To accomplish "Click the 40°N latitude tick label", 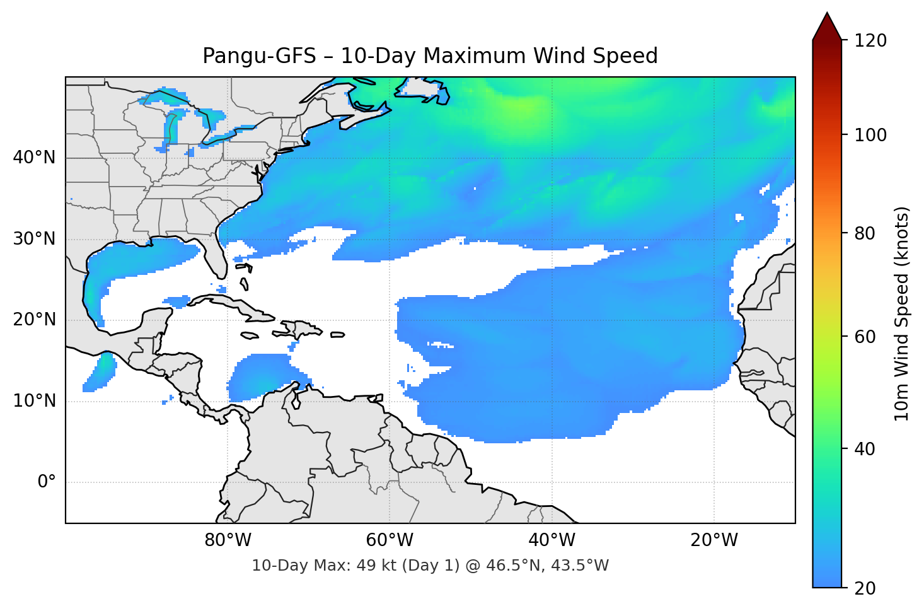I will coord(34,158).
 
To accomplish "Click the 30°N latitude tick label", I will coord(34,239).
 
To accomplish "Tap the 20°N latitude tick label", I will coord(34,320).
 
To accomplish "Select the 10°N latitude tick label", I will coord(34,401).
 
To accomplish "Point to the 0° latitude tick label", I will coord(47,482).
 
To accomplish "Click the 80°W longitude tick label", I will coord(228,540).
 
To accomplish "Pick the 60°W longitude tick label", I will coord(390,540).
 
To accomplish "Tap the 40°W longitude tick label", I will coord(552,540).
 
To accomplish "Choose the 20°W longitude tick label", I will coord(714,540).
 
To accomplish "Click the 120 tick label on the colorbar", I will coord(870,40).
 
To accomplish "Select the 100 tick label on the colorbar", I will coord(870,135).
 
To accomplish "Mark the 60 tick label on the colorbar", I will coord(865,337).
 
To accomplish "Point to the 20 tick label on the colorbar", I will coord(865,588).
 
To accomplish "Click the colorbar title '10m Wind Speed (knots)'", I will coord(902,314).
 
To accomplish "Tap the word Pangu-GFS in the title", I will coord(259,56).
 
